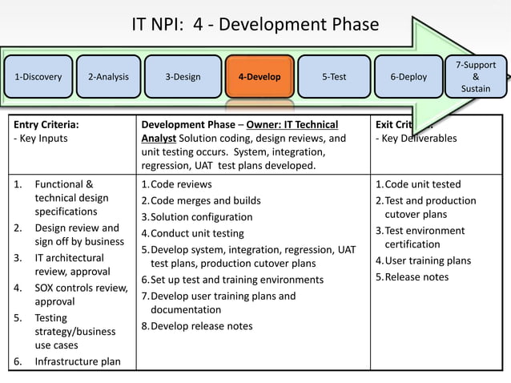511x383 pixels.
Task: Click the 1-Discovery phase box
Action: point(38,77)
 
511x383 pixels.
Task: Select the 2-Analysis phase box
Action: point(108,77)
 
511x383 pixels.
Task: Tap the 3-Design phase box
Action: point(183,77)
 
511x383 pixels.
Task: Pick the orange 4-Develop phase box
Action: point(260,77)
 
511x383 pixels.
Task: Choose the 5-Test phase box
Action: point(334,77)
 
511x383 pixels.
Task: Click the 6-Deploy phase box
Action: point(408,77)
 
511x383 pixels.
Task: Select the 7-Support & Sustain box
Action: point(476,76)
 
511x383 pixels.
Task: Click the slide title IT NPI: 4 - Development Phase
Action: point(255,25)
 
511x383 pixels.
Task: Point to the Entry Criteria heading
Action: point(46,124)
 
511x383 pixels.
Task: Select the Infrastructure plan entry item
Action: point(78,361)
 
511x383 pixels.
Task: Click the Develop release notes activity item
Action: point(201,326)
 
